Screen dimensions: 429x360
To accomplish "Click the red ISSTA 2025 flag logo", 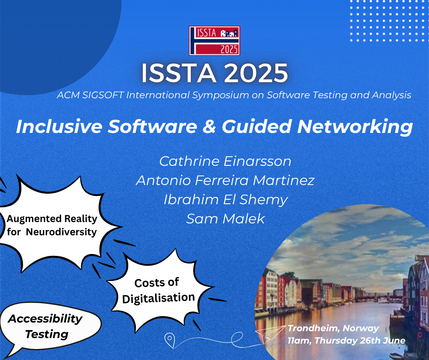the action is coord(214,41).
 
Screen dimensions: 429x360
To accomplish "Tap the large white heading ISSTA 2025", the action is coord(214,73).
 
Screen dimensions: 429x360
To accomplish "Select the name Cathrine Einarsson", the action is coord(225,161).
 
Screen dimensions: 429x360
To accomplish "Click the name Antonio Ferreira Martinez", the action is coord(225,180).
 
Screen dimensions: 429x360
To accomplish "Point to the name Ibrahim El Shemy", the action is coord(225,200).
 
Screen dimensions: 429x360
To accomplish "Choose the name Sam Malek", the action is coord(225,219).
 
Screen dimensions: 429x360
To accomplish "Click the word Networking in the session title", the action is coord(355,127).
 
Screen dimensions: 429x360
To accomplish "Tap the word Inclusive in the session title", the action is coord(59,127).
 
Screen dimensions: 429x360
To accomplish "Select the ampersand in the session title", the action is coord(209,127).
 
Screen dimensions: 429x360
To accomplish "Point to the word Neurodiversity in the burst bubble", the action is coord(61,232).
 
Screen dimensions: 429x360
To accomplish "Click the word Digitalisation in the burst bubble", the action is coord(158,298).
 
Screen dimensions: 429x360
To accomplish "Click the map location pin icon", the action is coord(170,340).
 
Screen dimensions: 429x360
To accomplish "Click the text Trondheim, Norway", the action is coord(333,328).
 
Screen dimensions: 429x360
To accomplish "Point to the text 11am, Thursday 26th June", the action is coord(346,340).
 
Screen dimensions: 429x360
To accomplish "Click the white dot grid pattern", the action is coord(389,21).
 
